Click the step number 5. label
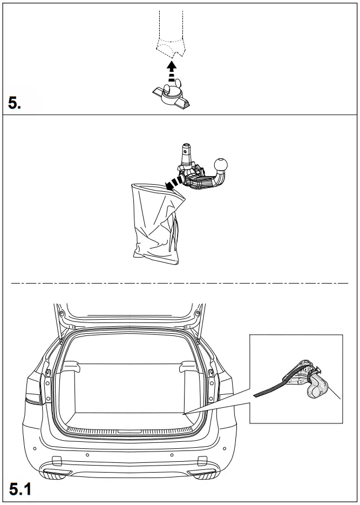tap(15, 102)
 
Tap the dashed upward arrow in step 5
tap(171, 72)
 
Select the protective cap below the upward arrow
tap(172, 96)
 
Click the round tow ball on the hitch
tap(222, 164)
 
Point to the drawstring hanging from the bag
tap(174, 235)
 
